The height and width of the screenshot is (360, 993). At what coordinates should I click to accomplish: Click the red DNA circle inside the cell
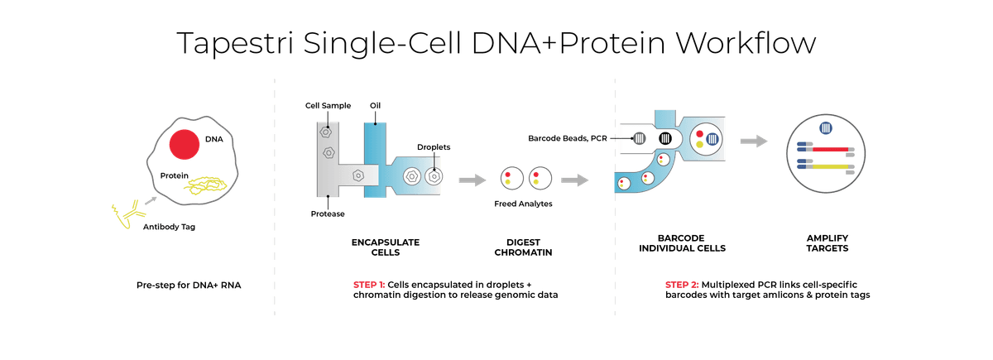(x=184, y=145)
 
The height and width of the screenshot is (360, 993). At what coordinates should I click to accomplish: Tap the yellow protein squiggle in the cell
(x=205, y=185)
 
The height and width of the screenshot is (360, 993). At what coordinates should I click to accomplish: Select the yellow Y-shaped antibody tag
(x=128, y=214)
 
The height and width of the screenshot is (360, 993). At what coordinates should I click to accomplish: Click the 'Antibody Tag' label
(x=169, y=227)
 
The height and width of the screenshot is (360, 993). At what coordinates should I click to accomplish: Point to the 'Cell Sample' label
(x=328, y=106)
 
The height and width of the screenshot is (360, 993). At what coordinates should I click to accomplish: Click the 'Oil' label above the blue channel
(x=375, y=106)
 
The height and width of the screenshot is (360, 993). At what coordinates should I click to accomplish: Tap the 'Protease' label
(x=328, y=214)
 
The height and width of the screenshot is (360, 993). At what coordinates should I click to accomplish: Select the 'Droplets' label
(x=434, y=147)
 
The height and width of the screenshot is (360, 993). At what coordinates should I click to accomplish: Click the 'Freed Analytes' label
(x=523, y=204)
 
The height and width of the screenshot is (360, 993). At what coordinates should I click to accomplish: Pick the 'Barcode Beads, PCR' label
(x=568, y=138)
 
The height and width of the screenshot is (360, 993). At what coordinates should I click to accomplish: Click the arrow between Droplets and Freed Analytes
(x=473, y=180)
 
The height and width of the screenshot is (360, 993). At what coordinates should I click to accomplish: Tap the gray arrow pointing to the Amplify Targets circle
(x=754, y=142)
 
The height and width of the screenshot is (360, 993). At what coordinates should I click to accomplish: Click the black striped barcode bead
(x=665, y=139)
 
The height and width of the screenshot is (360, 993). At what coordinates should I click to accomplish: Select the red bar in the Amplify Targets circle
(x=830, y=150)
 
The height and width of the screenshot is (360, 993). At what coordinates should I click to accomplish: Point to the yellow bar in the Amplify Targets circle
(x=830, y=166)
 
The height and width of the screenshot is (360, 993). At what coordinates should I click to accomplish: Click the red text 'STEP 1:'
(x=369, y=285)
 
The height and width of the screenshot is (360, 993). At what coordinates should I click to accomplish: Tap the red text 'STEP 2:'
(x=681, y=285)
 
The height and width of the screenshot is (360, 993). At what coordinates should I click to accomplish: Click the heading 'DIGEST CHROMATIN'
(x=523, y=247)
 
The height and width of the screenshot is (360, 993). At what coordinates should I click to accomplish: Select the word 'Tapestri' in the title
(x=235, y=43)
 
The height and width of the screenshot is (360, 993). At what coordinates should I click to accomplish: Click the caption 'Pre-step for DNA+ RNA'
(x=189, y=285)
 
